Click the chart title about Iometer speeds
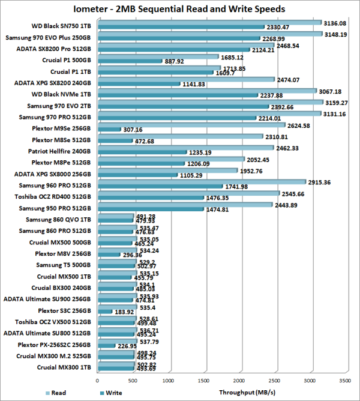pyautogui.click(x=179, y=9)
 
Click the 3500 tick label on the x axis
pyautogui.click(x=344, y=379)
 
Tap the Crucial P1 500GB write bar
pyautogui.click(x=128, y=61)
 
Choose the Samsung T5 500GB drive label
pyautogui.click(x=64, y=265)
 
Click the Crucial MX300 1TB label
pyautogui.click(x=64, y=367)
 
